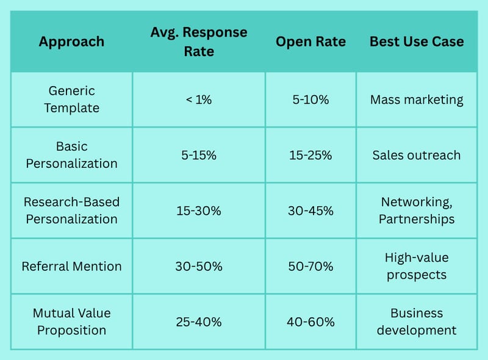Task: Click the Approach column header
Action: pyautogui.click(x=71, y=41)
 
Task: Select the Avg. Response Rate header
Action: pyautogui.click(x=199, y=41)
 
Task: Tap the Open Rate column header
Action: pyautogui.click(x=310, y=41)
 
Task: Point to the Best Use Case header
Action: pyautogui.click(x=417, y=41)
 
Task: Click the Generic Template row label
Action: pyautogui.click(x=71, y=99)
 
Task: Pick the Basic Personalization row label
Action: pyautogui.click(x=71, y=155)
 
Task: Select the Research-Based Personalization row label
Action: pyautogui.click(x=71, y=211)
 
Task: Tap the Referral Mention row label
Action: pyautogui.click(x=71, y=266)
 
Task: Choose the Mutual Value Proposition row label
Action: pyautogui.click(x=71, y=322)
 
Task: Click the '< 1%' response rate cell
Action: pyautogui.click(x=199, y=99)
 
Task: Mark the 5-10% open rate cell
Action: pyautogui.click(x=310, y=99)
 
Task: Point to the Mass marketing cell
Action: pyautogui.click(x=417, y=100)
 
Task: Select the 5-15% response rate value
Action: pyautogui.click(x=199, y=155)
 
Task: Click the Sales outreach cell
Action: pyautogui.click(x=417, y=155)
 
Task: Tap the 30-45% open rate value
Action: pyautogui.click(x=310, y=211)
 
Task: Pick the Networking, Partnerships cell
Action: pyautogui.click(x=417, y=211)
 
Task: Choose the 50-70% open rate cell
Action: pyautogui.click(x=310, y=266)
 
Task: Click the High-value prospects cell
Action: pyautogui.click(x=417, y=266)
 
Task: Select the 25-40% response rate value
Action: pyautogui.click(x=199, y=322)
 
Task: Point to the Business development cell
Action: pyautogui.click(x=417, y=322)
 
